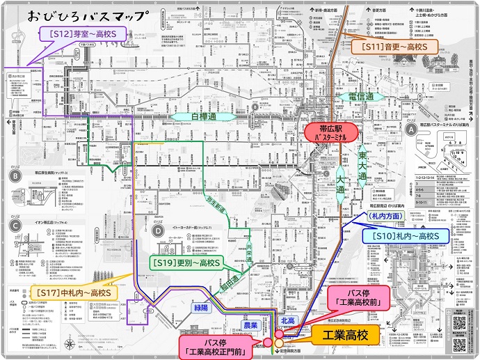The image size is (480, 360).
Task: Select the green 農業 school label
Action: tap(250, 324)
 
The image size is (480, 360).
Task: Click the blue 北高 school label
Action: tap(289, 320)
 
